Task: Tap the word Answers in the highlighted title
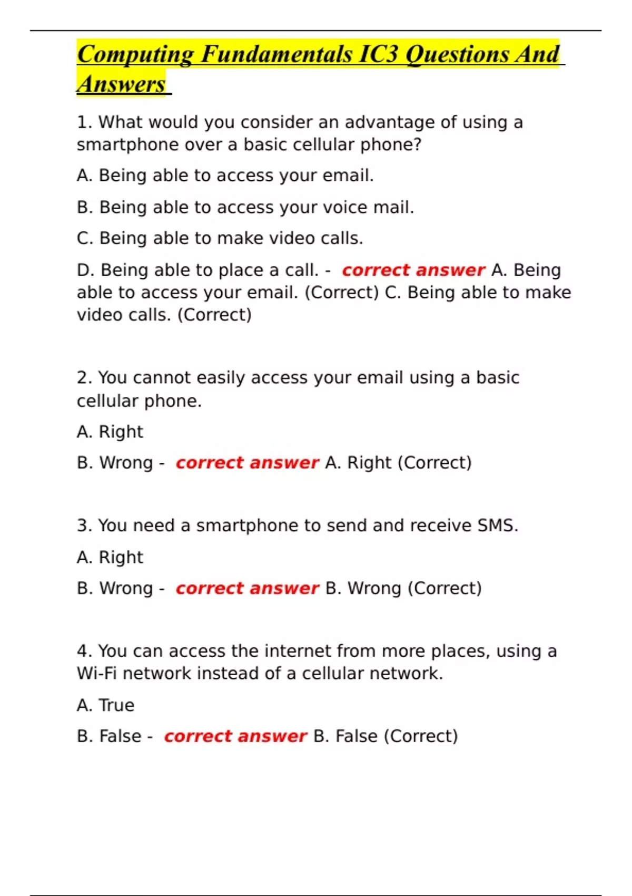click(x=122, y=84)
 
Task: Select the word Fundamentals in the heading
click(x=276, y=54)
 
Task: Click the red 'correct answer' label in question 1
click(x=413, y=270)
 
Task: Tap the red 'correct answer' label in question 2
click(x=247, y=463)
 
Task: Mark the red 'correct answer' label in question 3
click(x=247, y=588)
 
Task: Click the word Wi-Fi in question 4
click(x=97, y=674)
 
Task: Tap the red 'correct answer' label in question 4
click(x=235, y=736)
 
